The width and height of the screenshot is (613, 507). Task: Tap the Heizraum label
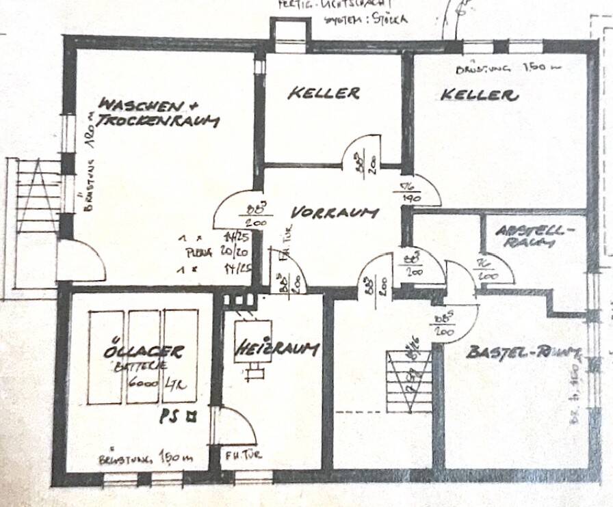[x=277, y=349]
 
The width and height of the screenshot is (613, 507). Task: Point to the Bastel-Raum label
[x=524, y=353]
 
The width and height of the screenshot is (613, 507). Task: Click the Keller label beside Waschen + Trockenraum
[x=324, y=93]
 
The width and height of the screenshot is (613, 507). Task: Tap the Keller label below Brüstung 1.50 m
[x=479, y=96]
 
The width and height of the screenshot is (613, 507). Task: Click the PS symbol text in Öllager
[x=174, y=413]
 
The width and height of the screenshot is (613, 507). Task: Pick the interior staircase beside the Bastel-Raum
[x=409, y=379]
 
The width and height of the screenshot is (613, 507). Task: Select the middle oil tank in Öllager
[x=144, y=357]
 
